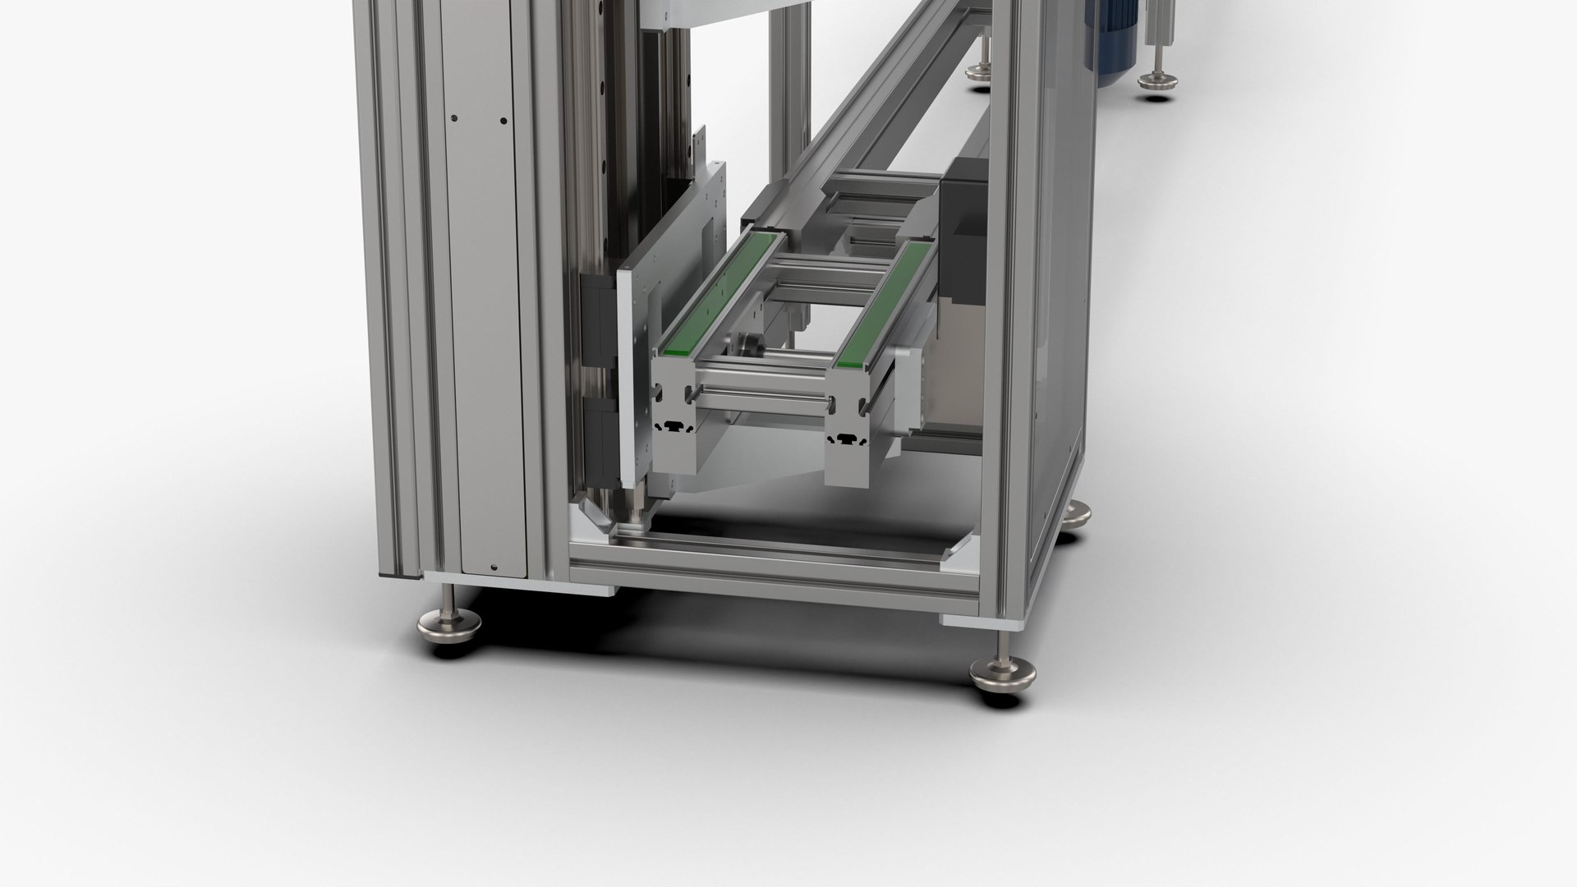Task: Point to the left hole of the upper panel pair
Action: [453, 121]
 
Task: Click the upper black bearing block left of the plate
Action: [596, 320]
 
